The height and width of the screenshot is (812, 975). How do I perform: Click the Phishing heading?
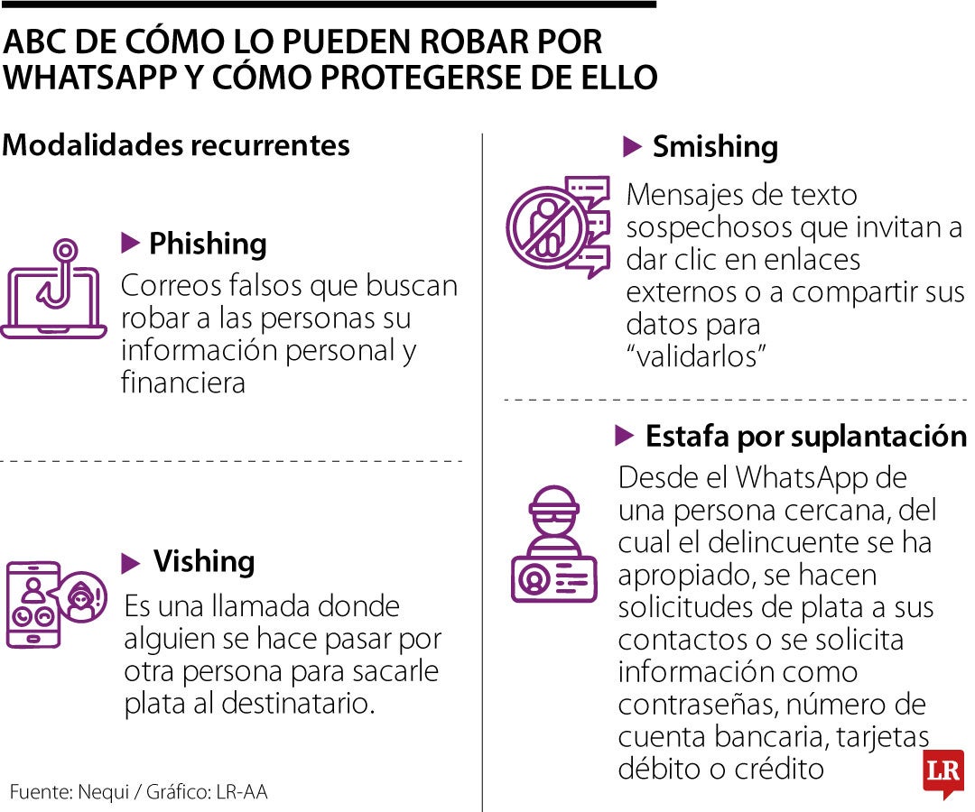tap(207, 244)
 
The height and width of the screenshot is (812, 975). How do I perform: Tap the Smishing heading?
tap(715, 146)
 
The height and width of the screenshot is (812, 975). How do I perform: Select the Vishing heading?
tap(204, 562)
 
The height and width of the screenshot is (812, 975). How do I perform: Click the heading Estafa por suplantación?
tap(805, 437)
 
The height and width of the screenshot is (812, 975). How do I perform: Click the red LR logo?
tap(942, 773)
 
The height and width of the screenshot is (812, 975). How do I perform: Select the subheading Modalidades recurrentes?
tap(176, 145)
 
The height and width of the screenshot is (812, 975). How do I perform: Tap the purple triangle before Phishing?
tap(130, 243)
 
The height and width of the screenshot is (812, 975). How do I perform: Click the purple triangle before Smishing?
tap(633, 146)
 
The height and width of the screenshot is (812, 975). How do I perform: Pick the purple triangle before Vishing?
tap(131, 563)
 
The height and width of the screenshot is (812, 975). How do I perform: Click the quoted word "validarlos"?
tap(696, 355)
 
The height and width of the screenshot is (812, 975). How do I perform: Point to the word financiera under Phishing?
tap(183, 383)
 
